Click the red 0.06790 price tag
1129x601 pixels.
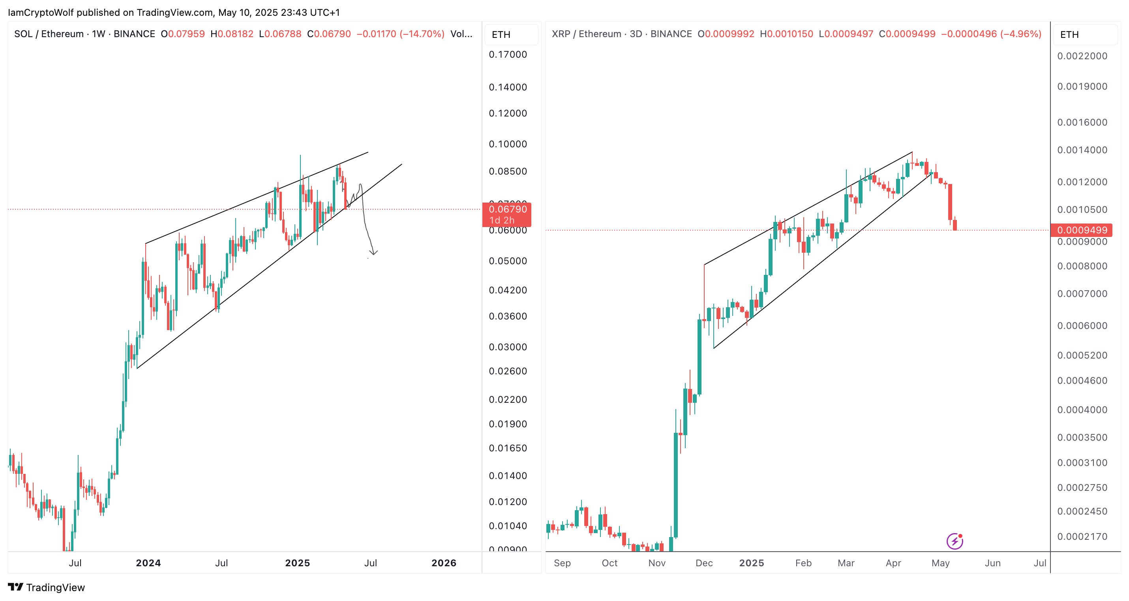coord(507,210)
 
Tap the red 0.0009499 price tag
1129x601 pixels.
coord(1082,230)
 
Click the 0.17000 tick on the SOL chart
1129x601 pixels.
coord(508,54)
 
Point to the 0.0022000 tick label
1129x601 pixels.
coord(1082,56)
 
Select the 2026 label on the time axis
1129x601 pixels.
coord(444,563)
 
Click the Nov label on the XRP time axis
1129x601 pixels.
coord(656,563)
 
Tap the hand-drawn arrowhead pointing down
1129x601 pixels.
coord(373,252)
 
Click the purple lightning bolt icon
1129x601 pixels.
coord(955,541)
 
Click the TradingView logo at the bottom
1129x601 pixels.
coord(47,588)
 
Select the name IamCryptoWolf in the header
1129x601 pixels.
coord(41,12)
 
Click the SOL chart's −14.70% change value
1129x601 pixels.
coord(422,34)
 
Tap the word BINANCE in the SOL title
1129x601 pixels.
coord(134,34)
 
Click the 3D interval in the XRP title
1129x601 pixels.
coord(636,34)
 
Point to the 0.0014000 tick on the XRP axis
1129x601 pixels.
coord(1082,150)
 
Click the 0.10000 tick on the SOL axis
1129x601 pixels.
coord(508,144)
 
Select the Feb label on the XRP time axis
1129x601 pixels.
coord(803,563)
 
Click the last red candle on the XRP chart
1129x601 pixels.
coord(955,224)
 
